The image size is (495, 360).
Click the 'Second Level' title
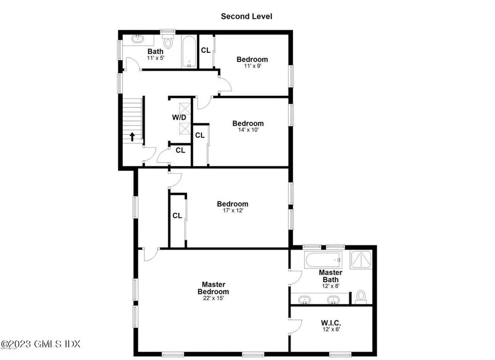247,16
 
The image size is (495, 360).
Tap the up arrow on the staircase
131,136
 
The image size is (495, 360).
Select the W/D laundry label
178,118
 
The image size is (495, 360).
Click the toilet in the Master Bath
361,296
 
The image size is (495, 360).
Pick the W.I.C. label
331,323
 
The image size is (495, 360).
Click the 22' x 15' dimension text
213,299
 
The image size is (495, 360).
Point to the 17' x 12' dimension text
232,210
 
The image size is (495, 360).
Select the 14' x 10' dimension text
248,130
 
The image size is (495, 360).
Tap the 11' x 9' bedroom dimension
252,66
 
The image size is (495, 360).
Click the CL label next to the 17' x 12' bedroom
177,216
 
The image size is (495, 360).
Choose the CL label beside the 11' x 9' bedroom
205,50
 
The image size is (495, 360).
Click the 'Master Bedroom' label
213,288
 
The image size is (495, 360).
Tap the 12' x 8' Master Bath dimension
330,286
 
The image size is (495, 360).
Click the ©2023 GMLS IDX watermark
41,345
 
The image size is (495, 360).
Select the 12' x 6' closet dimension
331,330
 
